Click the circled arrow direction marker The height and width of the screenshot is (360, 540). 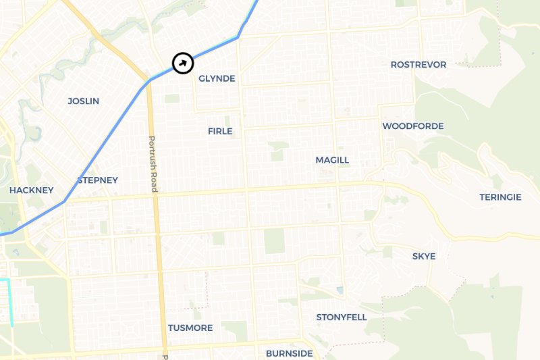pyautogui.click(x=183, y=63)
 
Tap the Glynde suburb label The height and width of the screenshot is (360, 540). pyautogui.click(x=217, y=79)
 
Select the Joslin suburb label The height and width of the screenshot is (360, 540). pyautogui.click(x=83, y=101)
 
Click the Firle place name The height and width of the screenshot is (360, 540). pyautogui.click(x=220, y=132)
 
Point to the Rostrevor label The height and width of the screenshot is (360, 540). pyautogui.click(x=418, y=65)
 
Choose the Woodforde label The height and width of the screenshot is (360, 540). pyautogui.click(x=413, y=126)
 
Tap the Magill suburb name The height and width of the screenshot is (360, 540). pyautogui.click(x=332, y=160)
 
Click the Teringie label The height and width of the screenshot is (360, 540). pyautogui.click(x=500, y=197)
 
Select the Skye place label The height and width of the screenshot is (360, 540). pyautogui.click(x=424, y=257)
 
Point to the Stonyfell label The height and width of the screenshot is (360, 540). pyautogui.click(x=342, y=317)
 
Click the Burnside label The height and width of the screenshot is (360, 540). pyautogui.click(x=289, y=353)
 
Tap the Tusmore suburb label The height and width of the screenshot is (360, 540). pyautogui.click(x=190, y=328)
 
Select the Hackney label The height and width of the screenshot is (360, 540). pyautogui.click(x=31, y=190)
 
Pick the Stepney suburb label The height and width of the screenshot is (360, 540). pyautogui.click(x=98, y=180)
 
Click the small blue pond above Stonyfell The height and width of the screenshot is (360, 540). pyautogui.click(x=339, y=290)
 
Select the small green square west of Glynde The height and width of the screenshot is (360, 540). pyautogui.click(x=173, y=99)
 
